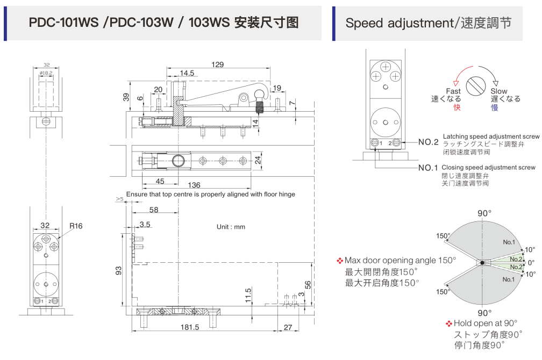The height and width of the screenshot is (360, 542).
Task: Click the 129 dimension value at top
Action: point(217,64)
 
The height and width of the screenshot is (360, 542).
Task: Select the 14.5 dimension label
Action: point(187,73)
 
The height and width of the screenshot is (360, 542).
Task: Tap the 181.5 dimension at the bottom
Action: point(190,327)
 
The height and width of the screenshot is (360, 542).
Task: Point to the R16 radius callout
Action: point(76,226)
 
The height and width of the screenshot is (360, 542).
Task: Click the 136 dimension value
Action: point(194,185)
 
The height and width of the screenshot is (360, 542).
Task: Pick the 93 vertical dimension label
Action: point(119,271)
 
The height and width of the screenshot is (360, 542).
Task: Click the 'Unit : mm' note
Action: point(231,227)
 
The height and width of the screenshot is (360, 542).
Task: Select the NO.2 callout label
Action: point(429,142)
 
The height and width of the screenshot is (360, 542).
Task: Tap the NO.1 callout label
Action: point(429,168)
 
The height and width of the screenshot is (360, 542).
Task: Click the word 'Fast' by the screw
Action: point(453,92)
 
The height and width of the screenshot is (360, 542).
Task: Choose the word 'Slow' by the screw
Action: point(498,92)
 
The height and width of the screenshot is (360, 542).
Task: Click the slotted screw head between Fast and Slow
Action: point(476,85)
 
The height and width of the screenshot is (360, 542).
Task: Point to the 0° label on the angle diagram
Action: point(531,263)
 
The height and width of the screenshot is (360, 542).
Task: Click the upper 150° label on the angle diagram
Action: point(443,236)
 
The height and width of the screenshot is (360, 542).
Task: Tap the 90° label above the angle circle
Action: point(484,213)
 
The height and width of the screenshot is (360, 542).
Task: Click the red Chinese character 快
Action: point(457,107)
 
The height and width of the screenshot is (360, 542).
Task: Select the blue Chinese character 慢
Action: point(494,107)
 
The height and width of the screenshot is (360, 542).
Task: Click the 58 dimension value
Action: point(154,210)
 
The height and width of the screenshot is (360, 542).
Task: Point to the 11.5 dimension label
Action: point(248,294)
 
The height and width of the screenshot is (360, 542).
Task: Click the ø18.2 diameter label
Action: point(46,73)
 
